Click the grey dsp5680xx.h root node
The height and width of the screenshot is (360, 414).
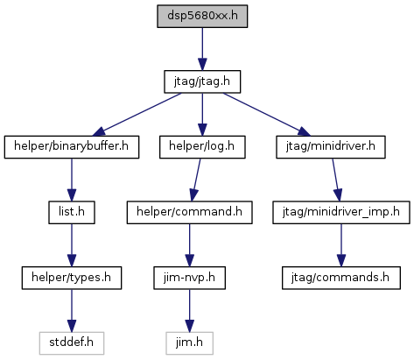202,17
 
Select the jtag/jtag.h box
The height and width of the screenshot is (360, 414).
202,81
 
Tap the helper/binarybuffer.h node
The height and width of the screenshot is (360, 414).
72,147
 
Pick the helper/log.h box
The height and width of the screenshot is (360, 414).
202,147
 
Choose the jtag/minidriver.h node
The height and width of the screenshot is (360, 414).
331,147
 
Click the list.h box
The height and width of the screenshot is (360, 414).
72,213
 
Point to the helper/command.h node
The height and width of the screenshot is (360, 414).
189,213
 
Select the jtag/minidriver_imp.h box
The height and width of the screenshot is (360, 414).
341,213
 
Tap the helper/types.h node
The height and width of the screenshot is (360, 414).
72,278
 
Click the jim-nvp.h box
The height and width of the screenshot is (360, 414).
189,278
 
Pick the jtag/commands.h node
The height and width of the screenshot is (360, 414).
341,278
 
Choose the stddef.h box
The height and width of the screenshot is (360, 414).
72,343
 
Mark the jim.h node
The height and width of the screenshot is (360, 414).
189,343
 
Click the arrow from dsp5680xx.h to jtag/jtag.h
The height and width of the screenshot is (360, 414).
202,49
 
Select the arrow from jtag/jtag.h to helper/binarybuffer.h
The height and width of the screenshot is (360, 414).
137,115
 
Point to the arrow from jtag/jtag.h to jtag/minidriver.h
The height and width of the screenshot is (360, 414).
267,115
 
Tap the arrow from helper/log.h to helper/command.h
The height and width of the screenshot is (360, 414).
195,180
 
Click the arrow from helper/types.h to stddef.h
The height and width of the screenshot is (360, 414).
72,311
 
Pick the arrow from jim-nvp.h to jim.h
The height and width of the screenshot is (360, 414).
189,311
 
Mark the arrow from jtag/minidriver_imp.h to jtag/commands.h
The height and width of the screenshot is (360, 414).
341,245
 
